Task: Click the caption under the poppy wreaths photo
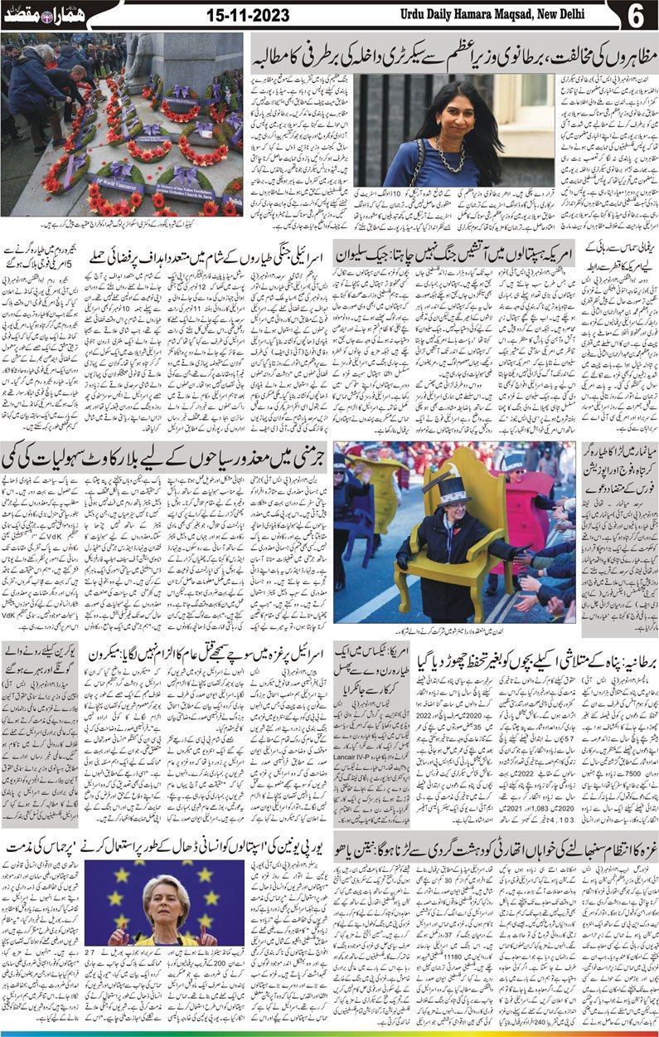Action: click(122, 222)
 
